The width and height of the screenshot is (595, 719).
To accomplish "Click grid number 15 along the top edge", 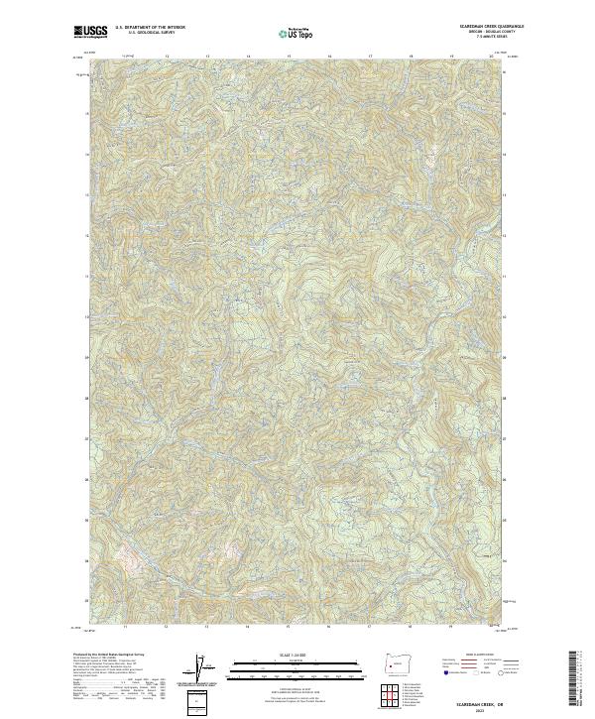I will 289,57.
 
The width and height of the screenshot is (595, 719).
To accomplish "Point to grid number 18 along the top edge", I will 411,57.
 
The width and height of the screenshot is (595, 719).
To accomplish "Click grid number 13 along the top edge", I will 206,57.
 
